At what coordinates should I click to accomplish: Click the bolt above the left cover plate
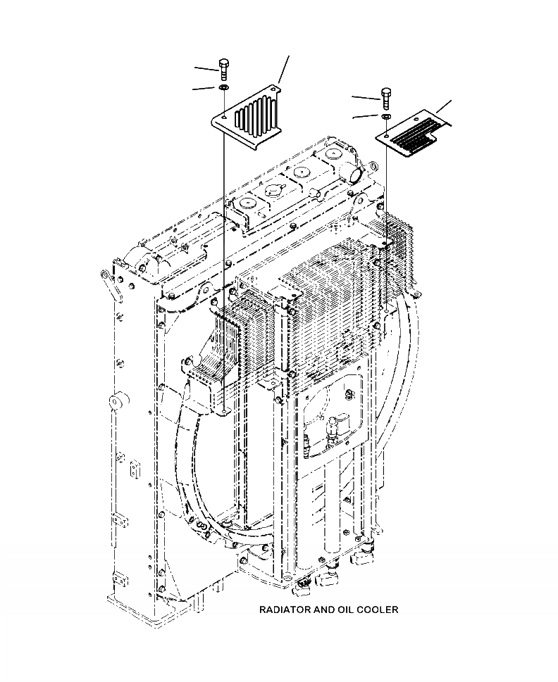[x=223, y=69]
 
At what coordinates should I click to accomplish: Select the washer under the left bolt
[x=223, y=87]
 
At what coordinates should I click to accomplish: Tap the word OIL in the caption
[x=347, y=609]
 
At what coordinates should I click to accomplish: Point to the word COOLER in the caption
[x=379, y=609]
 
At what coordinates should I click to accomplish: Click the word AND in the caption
[x=323, y=609]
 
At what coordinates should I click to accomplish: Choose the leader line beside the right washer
[x=366, y=116]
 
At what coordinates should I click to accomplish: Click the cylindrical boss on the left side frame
[x=116, y=403]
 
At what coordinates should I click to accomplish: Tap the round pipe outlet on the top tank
[x=354, y=171]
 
